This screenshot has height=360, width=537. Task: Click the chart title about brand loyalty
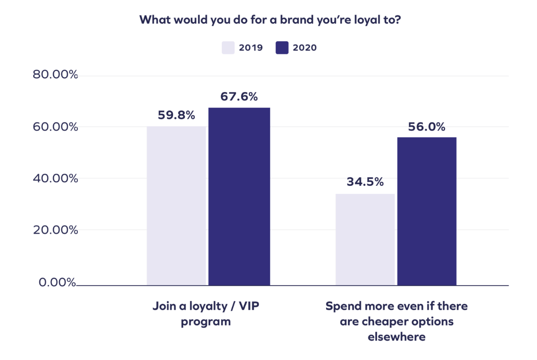[270, 20]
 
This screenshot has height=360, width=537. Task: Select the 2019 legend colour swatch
[228, 48]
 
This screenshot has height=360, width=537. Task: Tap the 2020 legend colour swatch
[282, 48]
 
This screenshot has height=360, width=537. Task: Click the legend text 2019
[251, 48]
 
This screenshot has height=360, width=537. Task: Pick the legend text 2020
[305, 48]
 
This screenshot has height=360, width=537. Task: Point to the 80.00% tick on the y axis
[55, 75]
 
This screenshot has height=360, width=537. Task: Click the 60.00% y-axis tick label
[55, 127]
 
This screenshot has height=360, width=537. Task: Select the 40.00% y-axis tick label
[55, 179]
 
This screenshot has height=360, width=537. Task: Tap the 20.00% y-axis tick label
[55, 230]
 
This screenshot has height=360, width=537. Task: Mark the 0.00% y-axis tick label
[58, 282]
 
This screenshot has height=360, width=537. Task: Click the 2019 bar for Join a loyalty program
[176, 206]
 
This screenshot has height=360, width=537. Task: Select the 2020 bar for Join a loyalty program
[239, 196]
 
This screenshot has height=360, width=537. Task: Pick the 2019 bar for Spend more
[365, 239]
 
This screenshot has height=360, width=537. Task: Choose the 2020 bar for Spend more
[427, 211]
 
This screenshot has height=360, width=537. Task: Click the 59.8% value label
[176, 115]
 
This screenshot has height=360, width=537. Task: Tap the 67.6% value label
[239, 96]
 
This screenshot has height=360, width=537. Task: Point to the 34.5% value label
[365, 182]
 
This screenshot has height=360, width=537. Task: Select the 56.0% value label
[427, 127]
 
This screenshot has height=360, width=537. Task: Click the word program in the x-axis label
[206, 322]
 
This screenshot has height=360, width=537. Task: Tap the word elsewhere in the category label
[396, 337]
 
